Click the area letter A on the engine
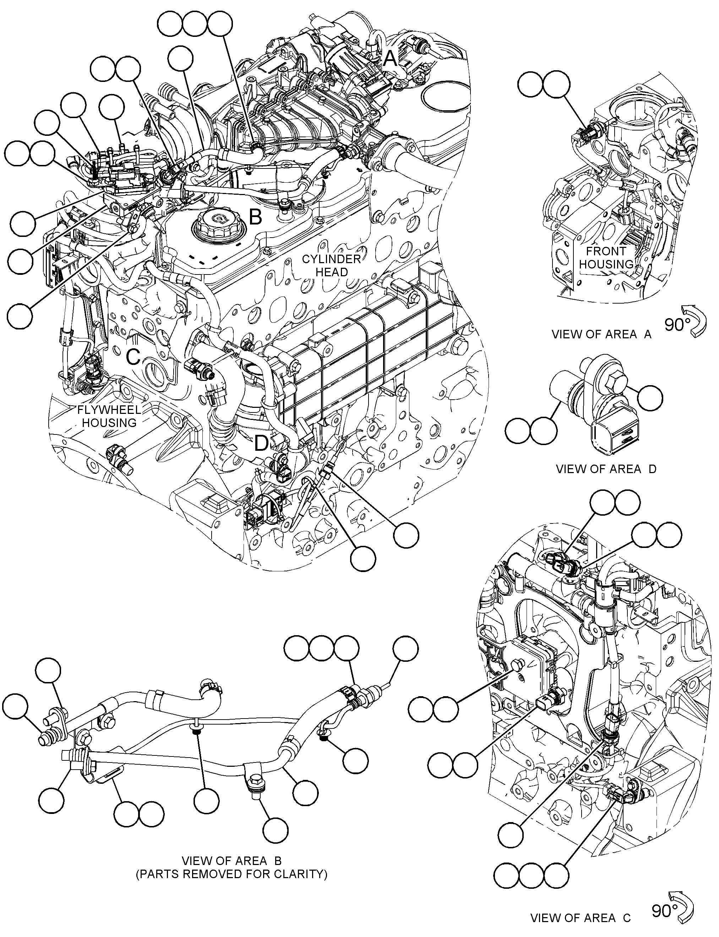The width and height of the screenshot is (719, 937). (390, 59)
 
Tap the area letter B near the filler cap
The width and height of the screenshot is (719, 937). (256, 217)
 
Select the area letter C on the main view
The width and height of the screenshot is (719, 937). (133, 356)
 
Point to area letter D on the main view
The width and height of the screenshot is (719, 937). (261, 443)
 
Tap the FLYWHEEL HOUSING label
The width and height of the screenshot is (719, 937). (109, 416)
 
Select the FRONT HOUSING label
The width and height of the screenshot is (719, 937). (606, 258)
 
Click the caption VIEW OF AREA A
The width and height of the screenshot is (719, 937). (601, 335)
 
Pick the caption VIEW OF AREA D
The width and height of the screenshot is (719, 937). (606, 469)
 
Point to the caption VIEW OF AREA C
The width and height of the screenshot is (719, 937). (580, 918)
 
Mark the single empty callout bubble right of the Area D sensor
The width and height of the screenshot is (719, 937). (650, 398)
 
